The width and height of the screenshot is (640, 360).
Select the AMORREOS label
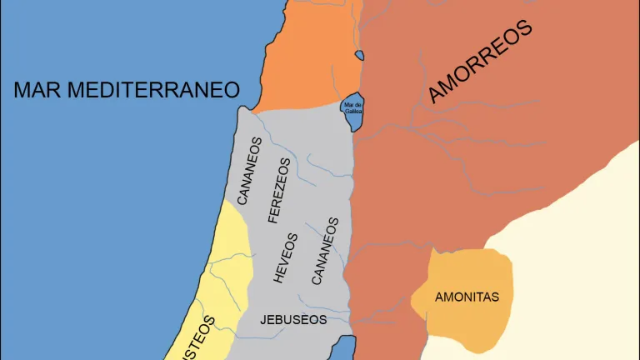(x=480, y=62)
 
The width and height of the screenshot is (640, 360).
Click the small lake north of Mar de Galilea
(x=359, y=56)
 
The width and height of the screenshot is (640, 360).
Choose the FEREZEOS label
(x=278, y=190)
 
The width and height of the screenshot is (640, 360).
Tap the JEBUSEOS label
(x=292, y=319)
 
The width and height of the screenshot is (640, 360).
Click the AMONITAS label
(x=467, y=296)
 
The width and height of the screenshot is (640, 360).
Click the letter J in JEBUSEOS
(x=263, y=319)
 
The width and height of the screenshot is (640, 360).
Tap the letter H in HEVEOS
(x=280, y=278)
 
